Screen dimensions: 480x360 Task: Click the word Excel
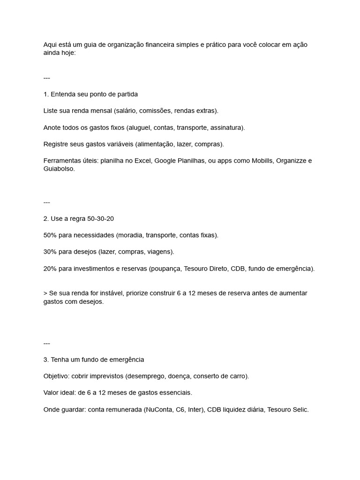coord(142,161)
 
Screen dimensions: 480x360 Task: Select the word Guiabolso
coord(59,169)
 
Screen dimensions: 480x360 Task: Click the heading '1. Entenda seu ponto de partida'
coord(90,94)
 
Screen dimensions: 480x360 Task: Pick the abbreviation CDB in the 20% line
coord(238,269)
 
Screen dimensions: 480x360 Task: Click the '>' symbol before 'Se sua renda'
coord(45,293)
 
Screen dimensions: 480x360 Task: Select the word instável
coord(110,293)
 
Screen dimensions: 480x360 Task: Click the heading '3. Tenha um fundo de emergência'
coord(94,360)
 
